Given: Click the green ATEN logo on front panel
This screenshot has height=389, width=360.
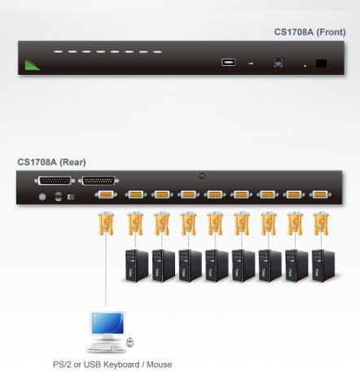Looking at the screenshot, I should [32, 64].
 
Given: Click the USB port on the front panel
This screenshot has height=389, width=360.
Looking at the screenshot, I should [229, 61].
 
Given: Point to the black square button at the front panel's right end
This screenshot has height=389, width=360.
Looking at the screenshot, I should [322, 63].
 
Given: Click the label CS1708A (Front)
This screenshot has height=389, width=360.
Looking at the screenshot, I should [308, 33].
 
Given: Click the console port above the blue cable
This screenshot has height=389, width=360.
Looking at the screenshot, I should [105, 195].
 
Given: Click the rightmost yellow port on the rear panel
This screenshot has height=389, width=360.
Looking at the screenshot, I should [320, 195].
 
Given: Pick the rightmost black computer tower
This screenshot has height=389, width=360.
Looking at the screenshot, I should [321, 265].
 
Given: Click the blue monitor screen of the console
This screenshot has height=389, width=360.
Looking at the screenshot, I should [106, 324].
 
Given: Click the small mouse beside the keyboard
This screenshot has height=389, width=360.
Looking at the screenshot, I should [130, 342].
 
